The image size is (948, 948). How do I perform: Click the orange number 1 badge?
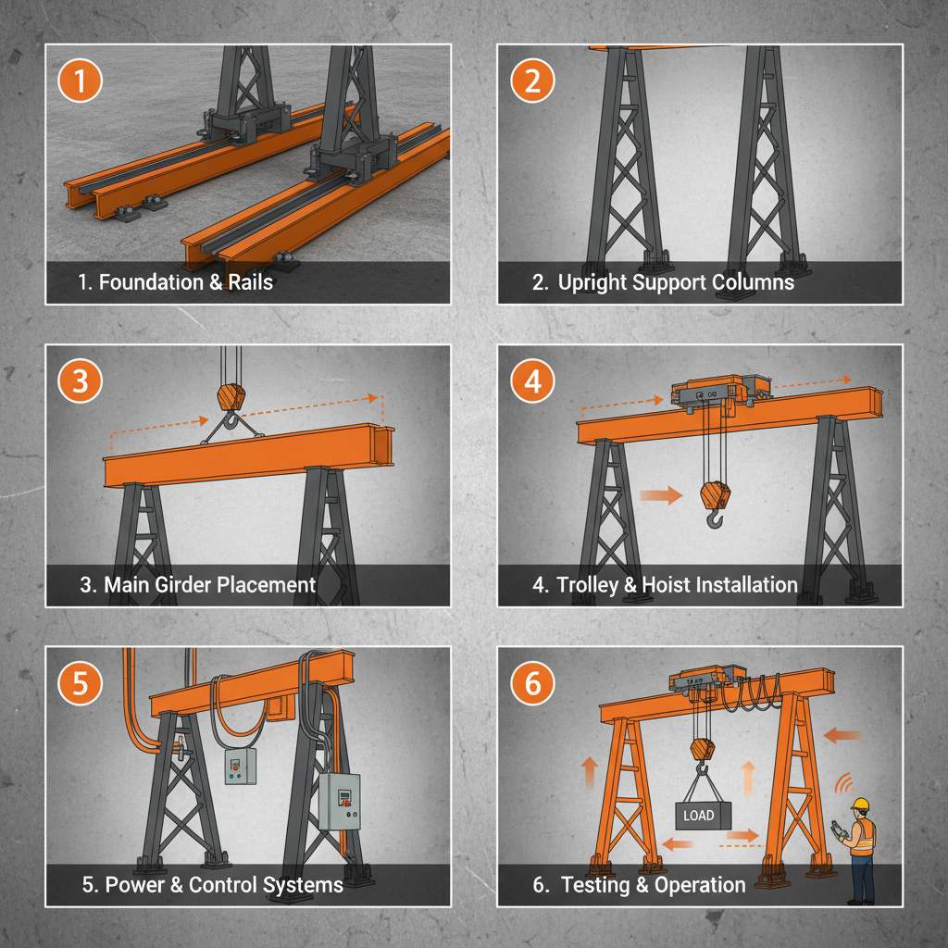(80, 81)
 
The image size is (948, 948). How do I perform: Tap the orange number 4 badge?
(532, 382)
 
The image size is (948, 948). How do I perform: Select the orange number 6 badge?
(532, 684)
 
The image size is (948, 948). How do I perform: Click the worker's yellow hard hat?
(861, 804)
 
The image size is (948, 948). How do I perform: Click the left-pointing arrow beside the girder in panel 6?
(842, 735)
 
